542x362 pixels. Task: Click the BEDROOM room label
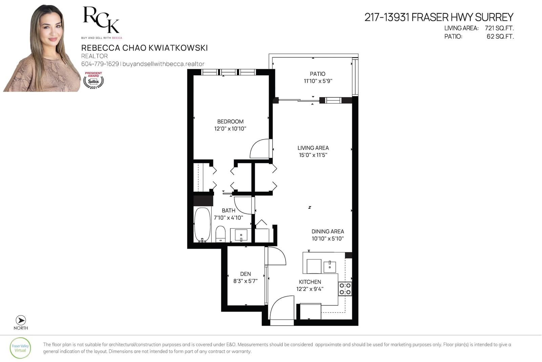pyautogui.click(x=230, y=121)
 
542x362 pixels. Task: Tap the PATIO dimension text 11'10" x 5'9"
pyautogui.click(x=318, y=81)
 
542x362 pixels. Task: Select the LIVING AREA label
pyautogui.click(x=313, y=148)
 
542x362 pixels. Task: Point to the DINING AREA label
pyautogui.click(x=328, y=231)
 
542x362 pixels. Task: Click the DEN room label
pyautogui.click(x=245, y=274)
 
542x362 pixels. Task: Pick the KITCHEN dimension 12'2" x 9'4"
pyautogui.click(x=310, y=289)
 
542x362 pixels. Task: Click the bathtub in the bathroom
pyautogui.click(x=203, y=224)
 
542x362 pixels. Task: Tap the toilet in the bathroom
pyautogui.click(x=221, y=234)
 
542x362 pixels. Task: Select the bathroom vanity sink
pyautogui.click(x=241, y=235)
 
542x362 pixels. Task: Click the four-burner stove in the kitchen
pyautogui.click(x=345, y=289)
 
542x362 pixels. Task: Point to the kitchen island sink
pyautogui.click(x=330, y=267)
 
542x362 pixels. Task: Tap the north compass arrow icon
pyautogui.click(x=21, y=320)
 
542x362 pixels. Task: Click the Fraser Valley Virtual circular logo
pyautogui.click(x=20, y=348)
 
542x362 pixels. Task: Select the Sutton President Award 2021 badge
pyautogui.click(x=93, y=80)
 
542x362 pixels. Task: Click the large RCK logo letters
pyautogui.click(x=101, y=20)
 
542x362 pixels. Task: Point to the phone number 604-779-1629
pyautogui.click(x=100, y=64)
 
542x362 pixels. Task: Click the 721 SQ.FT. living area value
pyautogui.click(x=499, y=28)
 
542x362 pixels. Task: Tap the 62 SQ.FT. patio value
pyautogui.click(x=500, y=36)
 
